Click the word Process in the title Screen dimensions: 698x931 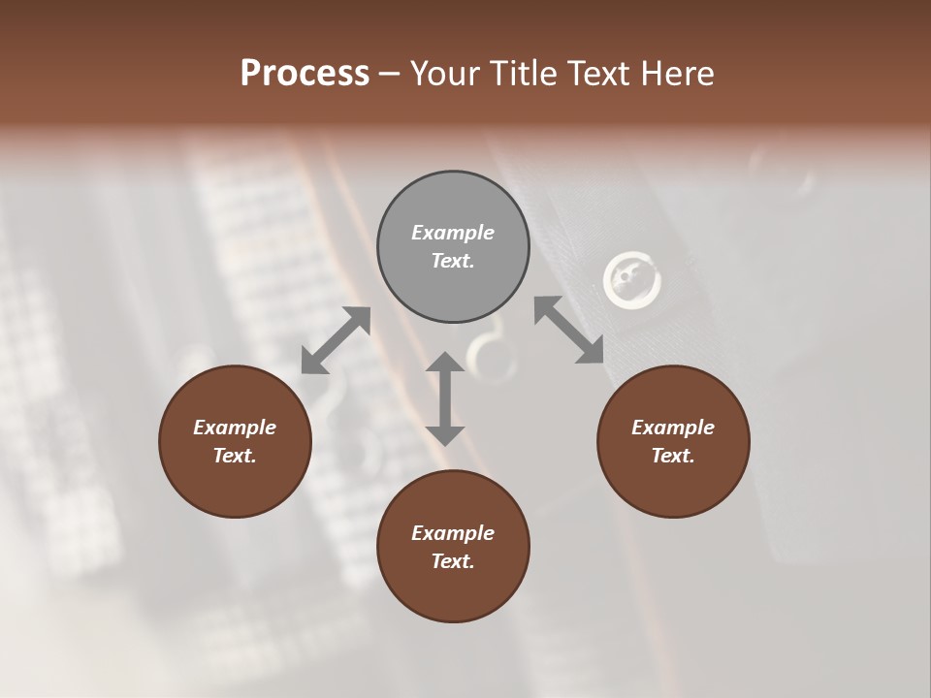click(x=305, y=74)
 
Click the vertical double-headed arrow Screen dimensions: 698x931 click(x=445, y=398)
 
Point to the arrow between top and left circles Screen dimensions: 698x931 click(x=336, y=340)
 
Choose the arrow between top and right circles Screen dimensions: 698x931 click(x=568, y=331)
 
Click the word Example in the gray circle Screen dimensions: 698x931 click(x=453, y=233)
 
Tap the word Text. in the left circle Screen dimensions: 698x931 click(x=235, y=456)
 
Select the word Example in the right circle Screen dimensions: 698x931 click(x=673, y=428)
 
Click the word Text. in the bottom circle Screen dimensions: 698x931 click(x=453, y=561)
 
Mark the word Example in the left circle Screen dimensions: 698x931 click(x=235, y=428)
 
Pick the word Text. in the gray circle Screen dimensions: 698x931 click(x=453, y=261)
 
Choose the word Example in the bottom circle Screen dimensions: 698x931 click(x=453, y=533)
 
